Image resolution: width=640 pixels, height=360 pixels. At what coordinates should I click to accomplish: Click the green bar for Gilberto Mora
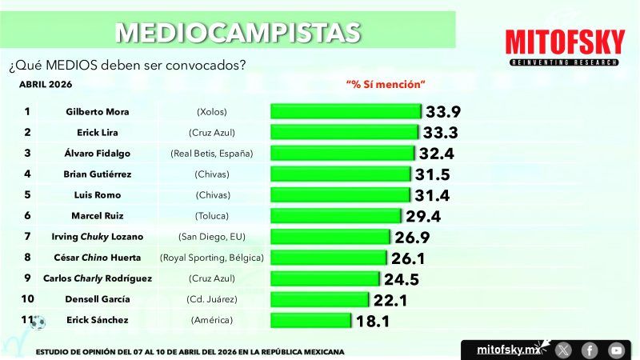pos(346,111)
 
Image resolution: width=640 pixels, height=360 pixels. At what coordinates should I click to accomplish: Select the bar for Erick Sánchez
pos(311,320)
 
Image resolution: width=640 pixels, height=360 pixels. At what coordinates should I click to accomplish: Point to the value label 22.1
pos(390,299)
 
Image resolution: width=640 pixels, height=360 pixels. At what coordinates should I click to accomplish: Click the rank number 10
pos(27,299)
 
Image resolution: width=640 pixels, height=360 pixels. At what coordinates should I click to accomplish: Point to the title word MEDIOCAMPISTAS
pos(238,31)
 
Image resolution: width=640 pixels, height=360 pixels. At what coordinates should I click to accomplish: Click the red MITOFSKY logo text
pos(563,42)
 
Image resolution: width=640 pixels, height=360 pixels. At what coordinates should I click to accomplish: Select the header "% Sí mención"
pos(385,84)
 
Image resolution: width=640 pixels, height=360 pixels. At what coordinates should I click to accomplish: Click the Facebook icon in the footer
pos(590,350)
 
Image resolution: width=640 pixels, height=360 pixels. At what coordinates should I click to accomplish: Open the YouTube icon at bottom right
pos(615,350)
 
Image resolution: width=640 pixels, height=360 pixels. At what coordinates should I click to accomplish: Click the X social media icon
pos(564,350)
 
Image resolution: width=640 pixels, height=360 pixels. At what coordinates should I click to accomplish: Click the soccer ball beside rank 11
pos(38,322)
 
